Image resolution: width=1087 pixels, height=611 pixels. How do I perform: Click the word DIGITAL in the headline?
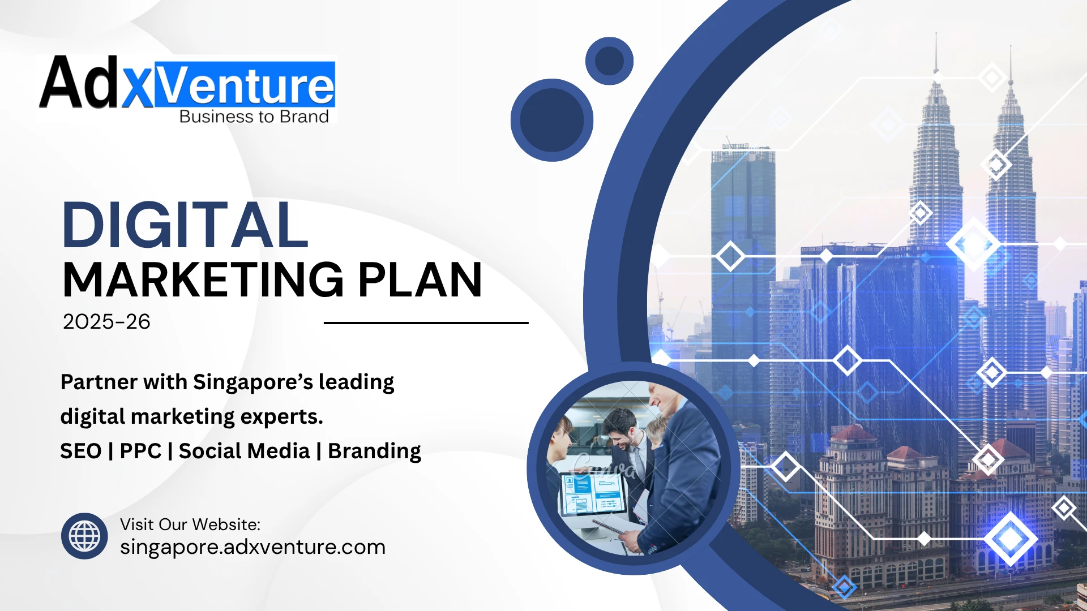pos(185,225)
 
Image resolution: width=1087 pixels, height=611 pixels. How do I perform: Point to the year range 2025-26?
pos(106,322)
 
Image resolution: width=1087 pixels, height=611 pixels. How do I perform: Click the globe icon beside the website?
pos(84,536)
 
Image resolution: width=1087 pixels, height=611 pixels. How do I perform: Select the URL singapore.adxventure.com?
pos(253,547)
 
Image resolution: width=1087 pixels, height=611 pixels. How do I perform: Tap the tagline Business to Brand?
pos(254,117)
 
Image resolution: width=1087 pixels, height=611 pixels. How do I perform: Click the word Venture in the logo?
pos(245,85)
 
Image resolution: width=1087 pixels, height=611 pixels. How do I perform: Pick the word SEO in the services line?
pos(81,451)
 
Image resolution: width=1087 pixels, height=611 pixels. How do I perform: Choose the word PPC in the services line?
pos(140,451)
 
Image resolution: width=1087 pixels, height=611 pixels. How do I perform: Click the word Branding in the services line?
pos(374,451)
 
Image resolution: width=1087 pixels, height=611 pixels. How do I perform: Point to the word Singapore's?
pos(253,382)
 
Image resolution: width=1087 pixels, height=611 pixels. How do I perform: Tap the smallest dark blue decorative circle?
pos(609,61)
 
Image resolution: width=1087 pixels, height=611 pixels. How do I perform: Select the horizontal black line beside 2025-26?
pos(426,323)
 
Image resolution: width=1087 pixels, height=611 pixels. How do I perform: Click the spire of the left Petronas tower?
pos(936,54)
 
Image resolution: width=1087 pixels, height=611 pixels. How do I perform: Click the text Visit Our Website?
pos(190,524)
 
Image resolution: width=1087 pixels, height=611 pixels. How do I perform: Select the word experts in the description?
pos(281,417)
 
